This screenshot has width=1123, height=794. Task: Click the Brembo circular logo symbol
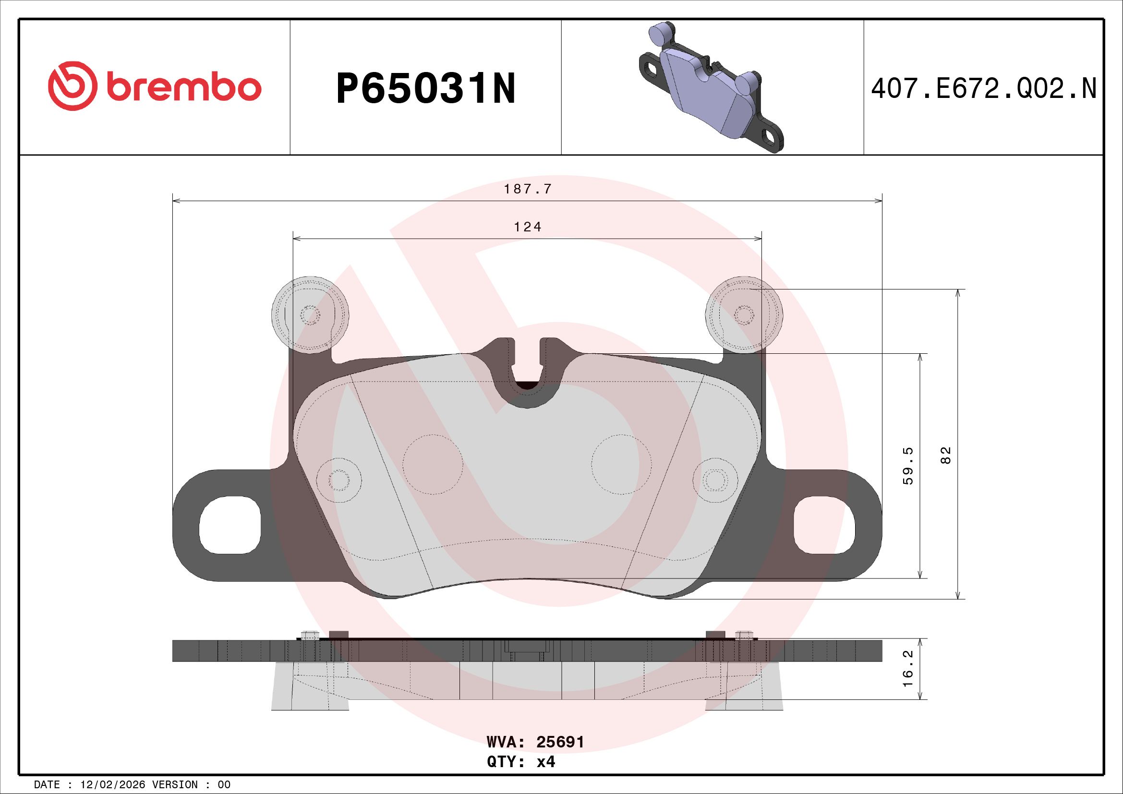point(71,86)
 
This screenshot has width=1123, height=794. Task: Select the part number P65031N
point(425,88)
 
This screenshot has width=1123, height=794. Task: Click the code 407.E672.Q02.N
point(984,88)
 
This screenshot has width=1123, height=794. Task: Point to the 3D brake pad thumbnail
point(712,87)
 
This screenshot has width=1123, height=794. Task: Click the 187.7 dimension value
point(528,189)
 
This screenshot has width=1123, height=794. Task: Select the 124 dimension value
point(528,227)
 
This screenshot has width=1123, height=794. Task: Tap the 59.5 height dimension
point(908,466)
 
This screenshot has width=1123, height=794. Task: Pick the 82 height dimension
point(945,456)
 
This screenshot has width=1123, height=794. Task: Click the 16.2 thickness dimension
point(908,668)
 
